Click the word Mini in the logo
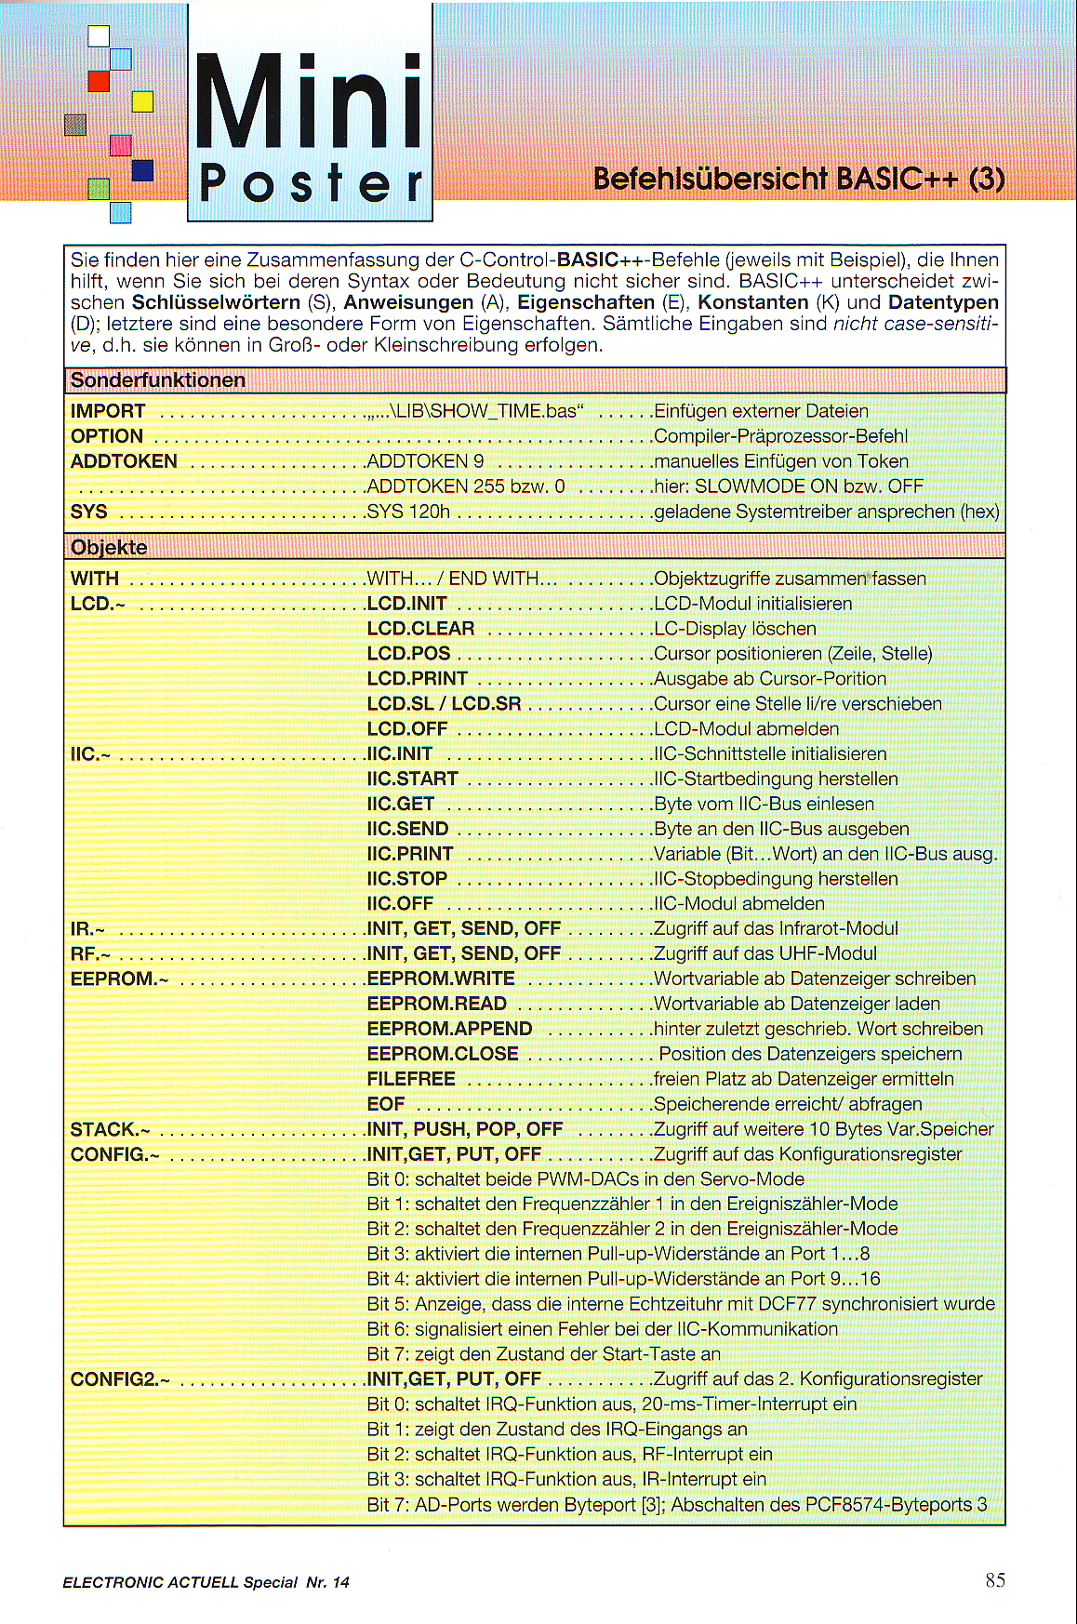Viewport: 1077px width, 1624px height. (310, 102)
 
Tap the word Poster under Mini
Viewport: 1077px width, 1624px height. (311, 183)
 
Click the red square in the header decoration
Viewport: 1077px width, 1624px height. (99, 81)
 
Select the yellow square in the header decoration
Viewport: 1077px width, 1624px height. (142, 100)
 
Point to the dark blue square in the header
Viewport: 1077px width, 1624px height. (142, 170)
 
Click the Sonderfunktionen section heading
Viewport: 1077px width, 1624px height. (158, 380)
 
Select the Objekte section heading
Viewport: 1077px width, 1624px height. (109, 547)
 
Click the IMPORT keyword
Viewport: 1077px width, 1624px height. (108, 411)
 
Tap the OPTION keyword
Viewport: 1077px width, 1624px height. (107, 436)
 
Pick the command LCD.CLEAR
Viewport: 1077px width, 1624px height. (420, 629)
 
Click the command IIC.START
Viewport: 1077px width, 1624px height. (412, 779)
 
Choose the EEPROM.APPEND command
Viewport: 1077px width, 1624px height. (449, 1029)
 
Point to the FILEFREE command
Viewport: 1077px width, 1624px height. (411, 1079)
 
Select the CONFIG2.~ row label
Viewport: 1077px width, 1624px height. (120, 1379)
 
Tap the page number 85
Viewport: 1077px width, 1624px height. (995, 1579)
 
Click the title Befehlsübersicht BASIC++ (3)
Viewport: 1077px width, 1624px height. (799, 178)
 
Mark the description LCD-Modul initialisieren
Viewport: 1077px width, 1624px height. (752, 604)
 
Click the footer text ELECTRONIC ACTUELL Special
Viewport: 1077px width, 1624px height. (179, 1582)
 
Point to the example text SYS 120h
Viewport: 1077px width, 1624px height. (408, 512)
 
